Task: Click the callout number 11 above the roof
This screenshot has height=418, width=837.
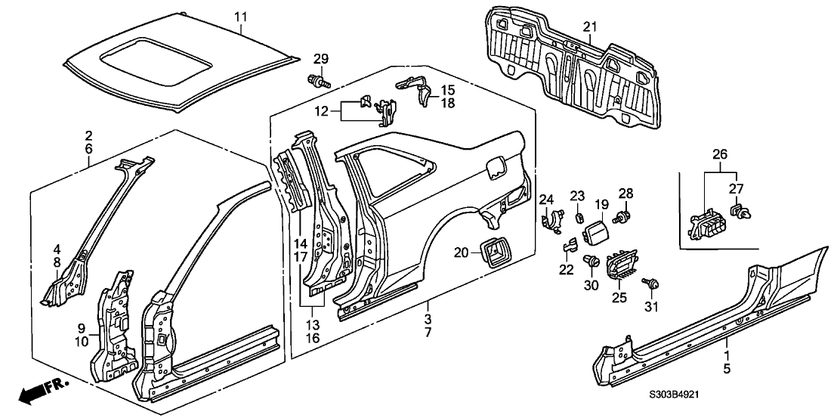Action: (240, 17)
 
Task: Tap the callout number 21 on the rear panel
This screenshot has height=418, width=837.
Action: (590, 28)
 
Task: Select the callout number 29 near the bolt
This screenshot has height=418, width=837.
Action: (322, 60)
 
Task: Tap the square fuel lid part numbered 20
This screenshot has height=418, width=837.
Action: (490, 252)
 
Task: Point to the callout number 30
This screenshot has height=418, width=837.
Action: (591, 286)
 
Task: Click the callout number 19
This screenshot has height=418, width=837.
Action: (601, 204)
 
